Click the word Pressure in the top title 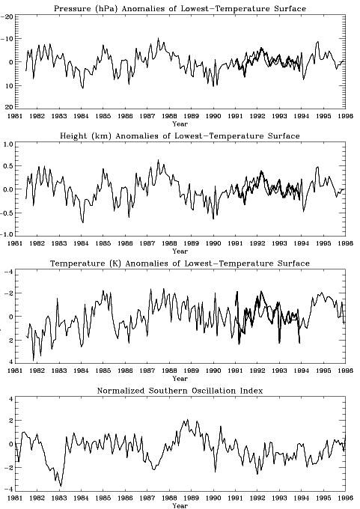coord(67,9)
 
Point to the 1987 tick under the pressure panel coord(147,116)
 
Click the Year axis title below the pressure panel coord(180,124)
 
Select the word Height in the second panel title coord(70,136)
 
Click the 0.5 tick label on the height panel coord(7,166)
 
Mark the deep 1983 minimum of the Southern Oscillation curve coord(61,486)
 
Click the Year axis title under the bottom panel coord(180,505)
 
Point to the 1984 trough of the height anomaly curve coord(83,222)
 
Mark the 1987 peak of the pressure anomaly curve coord(158,38)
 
